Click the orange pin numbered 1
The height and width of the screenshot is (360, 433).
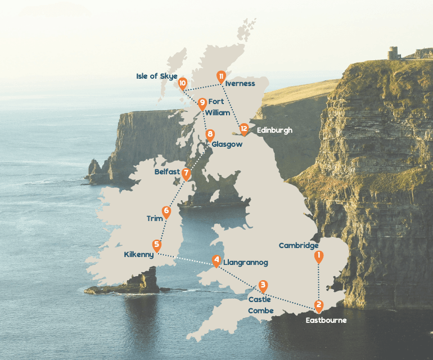click(319, 256)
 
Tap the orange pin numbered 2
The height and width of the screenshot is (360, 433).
click(319, 306)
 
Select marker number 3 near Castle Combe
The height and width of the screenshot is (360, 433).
click(263, 285)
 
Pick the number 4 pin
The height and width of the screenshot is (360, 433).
click(216, 260)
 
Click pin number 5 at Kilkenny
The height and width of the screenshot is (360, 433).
click(157, 245)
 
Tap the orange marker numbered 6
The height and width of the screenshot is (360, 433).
click(166, 211)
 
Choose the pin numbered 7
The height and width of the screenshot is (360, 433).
click(186, 174)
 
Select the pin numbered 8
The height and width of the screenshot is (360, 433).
click(210, 134)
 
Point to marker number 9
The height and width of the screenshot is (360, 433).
click(202, 102)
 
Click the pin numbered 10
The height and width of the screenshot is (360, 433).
click(182, 83)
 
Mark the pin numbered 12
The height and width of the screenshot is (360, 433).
click(243, 129)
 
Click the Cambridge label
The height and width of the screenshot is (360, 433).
click(299, 245)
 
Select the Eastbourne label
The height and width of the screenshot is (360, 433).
click(326, 320)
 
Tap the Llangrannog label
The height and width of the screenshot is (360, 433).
click(245, 263)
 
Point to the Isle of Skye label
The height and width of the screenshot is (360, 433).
click(157, 76)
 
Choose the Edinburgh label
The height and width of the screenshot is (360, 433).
click(274, 130)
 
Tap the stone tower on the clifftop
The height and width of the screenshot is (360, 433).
click(393, 52)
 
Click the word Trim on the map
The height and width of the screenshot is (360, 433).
click(154, 218)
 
